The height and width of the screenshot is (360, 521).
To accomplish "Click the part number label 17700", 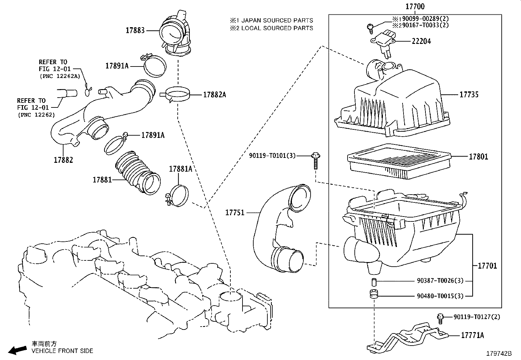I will coord(415,7).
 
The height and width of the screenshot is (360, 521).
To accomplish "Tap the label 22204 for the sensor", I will coord(421,41).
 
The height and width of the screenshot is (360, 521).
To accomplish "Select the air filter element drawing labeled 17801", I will coord(399,161).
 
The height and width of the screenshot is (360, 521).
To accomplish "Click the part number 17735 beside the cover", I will coord(469,95).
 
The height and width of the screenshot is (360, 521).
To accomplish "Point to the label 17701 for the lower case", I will coord(487,266).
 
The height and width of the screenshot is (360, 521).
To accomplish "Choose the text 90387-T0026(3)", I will coord(440,281).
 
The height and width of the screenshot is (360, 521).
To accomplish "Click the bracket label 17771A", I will coord(472,335).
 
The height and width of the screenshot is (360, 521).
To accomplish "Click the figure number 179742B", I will coord(499,353).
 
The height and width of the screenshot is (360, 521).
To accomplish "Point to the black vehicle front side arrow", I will coord(18,350).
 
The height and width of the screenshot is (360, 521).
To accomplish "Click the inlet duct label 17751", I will coord(235,213).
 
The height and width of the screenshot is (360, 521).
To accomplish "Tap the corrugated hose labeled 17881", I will coord(137,172).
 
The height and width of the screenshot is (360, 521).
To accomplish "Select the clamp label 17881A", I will coord(180,169).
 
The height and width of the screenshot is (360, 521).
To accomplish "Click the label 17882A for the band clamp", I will coord(214,95).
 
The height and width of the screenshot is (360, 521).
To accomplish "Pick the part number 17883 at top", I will coord(135,30).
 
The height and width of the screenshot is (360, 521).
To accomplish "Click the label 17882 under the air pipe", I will coord(63,160).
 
